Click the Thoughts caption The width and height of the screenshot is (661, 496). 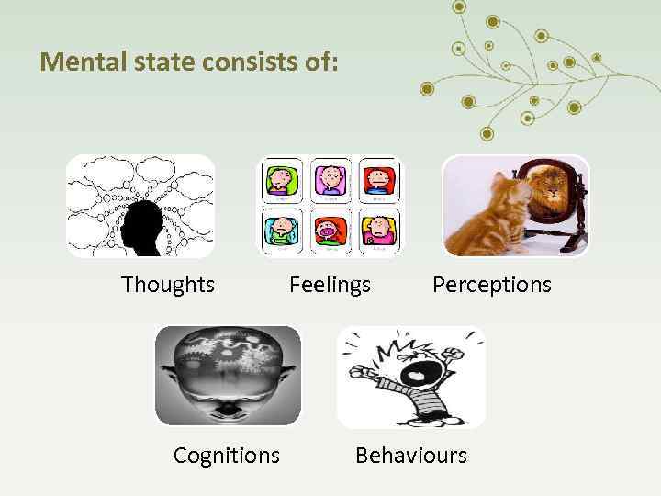pos(168,285)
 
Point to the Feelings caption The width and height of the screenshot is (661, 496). pos(330,285)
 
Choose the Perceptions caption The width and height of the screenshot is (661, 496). pos(492,285)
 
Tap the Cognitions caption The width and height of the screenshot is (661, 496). pos(227,455)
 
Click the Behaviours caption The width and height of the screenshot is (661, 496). pos(411,455)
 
